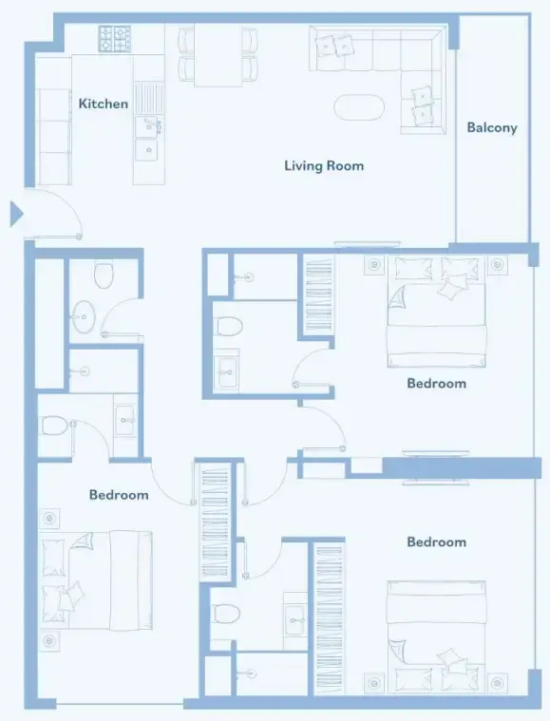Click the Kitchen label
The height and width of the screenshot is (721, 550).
tap(103, 104)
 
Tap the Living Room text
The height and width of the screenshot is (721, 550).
tap(324, 165)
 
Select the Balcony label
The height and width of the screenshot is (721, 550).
tap(492, 128)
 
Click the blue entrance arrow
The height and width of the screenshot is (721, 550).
tap(16, 214)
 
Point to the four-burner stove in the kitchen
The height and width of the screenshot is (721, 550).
tap(115, 39)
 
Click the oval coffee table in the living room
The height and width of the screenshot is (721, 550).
tap(359, 107)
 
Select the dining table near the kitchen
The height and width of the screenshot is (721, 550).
tap(218, 55)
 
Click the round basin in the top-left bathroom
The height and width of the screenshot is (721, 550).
tap(84, 316)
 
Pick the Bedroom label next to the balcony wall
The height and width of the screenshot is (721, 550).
tap(436, 384)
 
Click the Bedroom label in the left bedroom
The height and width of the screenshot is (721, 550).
tap(119, 495)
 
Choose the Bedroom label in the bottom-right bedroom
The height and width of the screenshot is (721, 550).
tap(436, 541)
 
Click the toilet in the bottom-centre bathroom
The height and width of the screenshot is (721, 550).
tap(227, 614)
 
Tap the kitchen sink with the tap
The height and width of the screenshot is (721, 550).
tap(148, 126)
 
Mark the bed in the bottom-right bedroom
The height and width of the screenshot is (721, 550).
tap(436, 636)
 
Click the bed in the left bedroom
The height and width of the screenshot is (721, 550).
tap(97, 580)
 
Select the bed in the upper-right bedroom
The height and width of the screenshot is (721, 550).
tap(436, 312)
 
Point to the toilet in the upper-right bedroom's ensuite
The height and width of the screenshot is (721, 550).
tap(229, 326)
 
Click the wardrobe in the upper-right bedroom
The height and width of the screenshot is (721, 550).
tap(318, 295)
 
